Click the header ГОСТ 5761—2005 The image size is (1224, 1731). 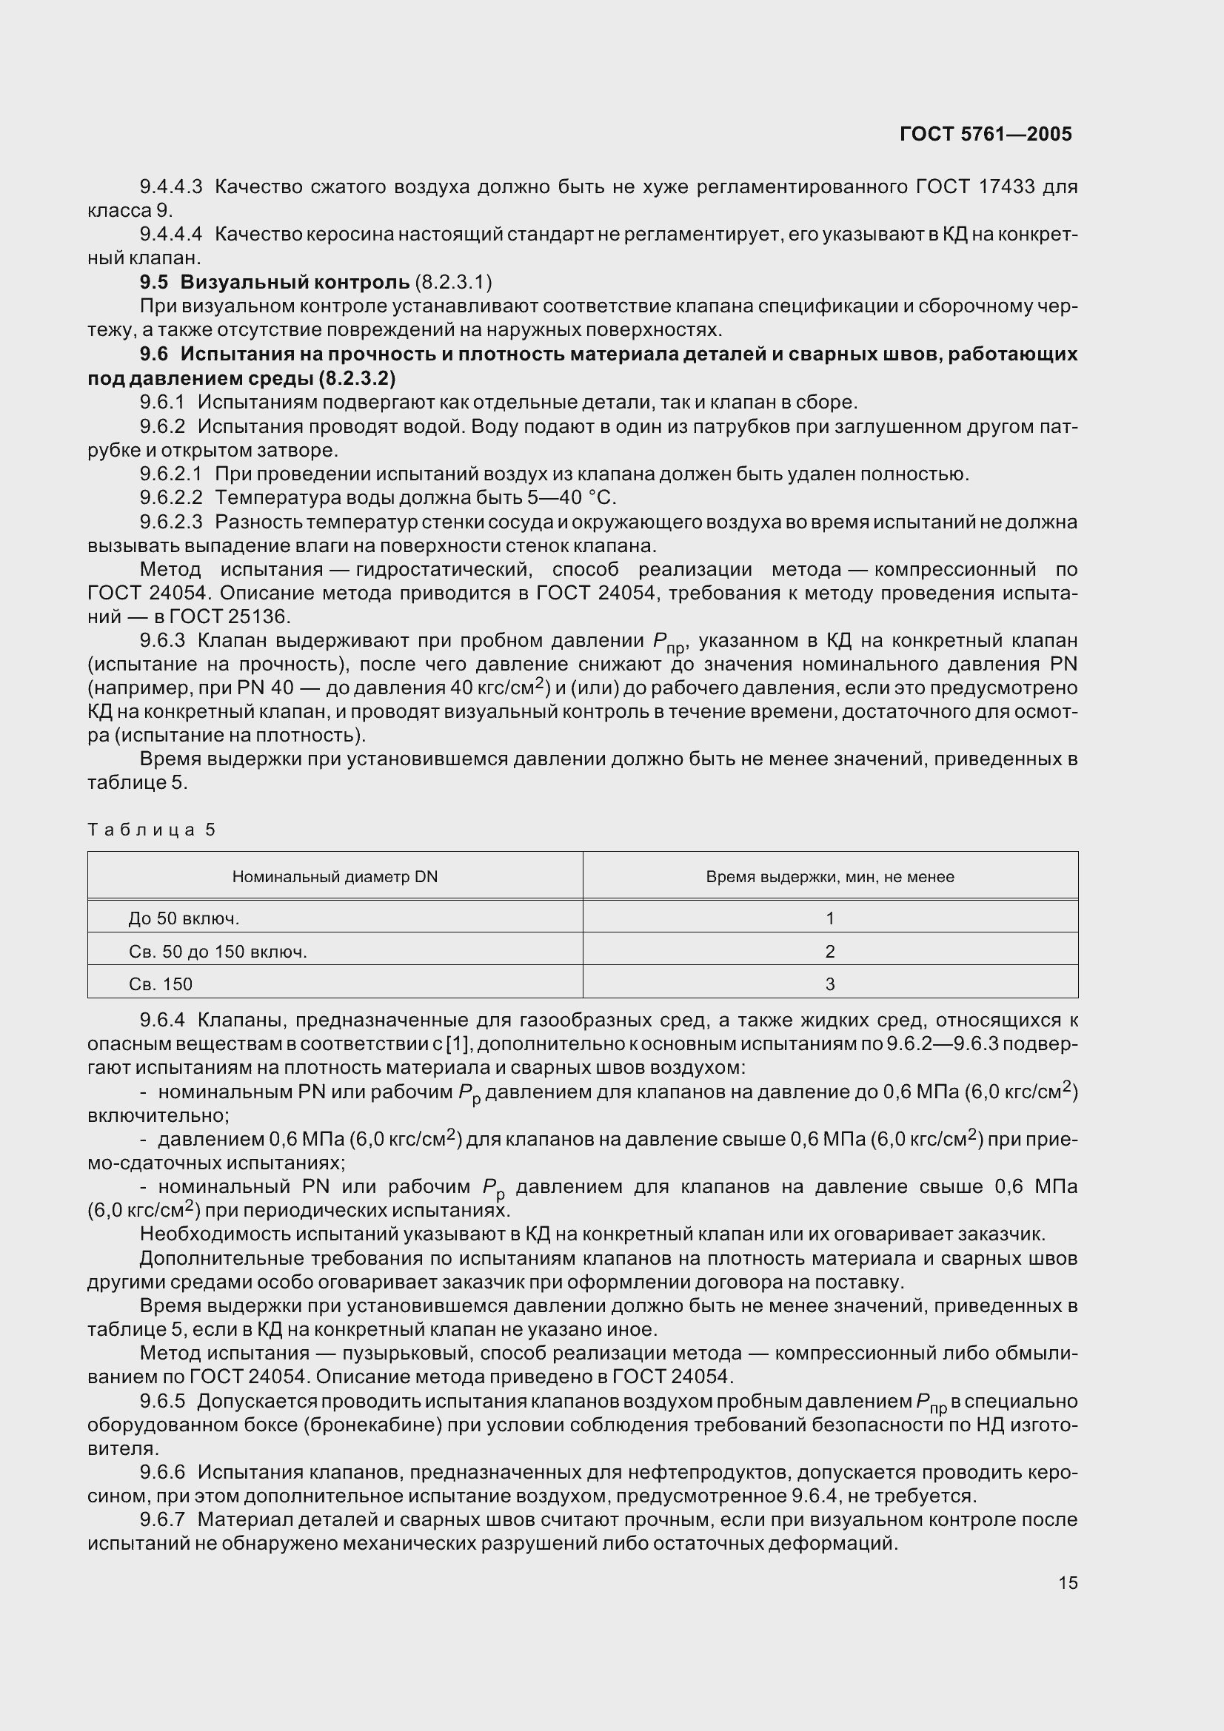985,134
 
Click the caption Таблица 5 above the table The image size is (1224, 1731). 152,830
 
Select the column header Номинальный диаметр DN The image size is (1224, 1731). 335,877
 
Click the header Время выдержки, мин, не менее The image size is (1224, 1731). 829,877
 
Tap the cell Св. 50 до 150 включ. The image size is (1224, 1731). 217,952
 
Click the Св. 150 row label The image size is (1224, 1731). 160,984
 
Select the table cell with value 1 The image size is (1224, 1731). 829,918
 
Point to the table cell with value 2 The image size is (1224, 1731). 829,952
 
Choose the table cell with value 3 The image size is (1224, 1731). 829,984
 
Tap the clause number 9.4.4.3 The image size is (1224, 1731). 171,186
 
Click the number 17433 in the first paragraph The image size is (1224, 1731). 1006,186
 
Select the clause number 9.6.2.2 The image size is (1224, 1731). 171,497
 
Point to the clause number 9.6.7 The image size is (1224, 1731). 162,1519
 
